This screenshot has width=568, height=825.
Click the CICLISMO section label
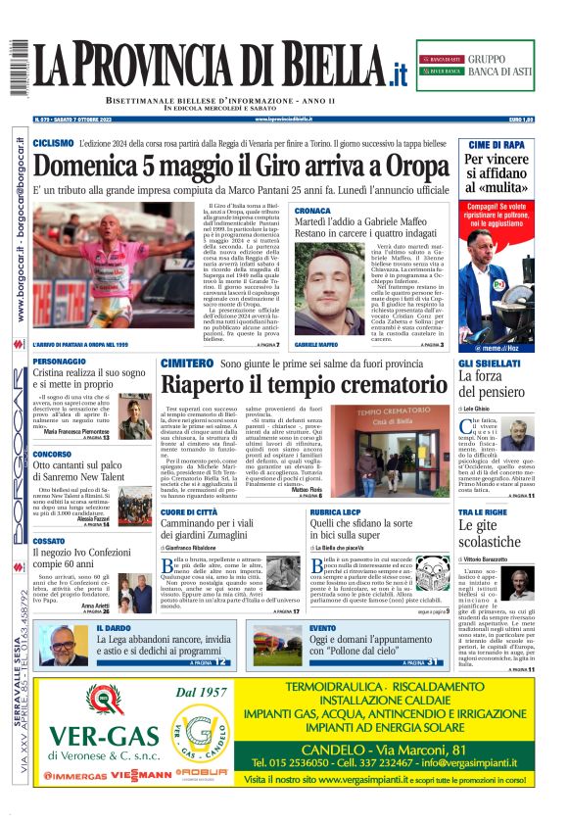[x=53, y=143]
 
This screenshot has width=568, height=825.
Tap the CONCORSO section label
[x=52, y=455]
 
